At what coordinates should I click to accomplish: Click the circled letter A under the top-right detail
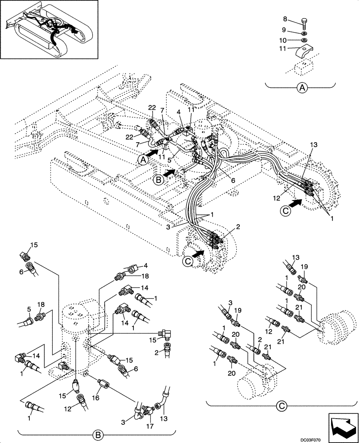point(302,89)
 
